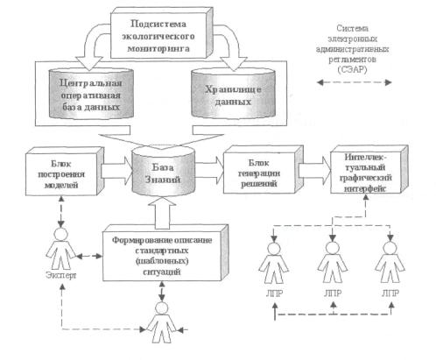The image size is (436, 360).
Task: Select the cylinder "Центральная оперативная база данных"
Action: (91, 94)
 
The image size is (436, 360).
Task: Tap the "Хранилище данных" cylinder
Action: (233, 94)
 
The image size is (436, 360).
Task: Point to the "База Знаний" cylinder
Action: (163, 173)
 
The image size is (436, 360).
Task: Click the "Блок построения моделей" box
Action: (64, 173)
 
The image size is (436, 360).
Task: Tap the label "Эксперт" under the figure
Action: (61, 275)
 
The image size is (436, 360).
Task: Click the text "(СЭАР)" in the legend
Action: (352, 69)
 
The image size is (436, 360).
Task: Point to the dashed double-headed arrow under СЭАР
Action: (354, 82)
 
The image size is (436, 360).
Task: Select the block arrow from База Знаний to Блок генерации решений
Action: (208, 170)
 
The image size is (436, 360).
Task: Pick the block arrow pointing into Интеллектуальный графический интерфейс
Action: (316, 170)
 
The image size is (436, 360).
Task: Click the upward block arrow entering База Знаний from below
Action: (162, 212)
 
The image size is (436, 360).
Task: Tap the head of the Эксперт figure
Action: (61, 234)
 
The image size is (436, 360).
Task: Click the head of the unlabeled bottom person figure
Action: (162, 308)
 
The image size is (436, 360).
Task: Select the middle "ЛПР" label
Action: (333, 293)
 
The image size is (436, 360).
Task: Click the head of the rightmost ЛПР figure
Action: (390, 248)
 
